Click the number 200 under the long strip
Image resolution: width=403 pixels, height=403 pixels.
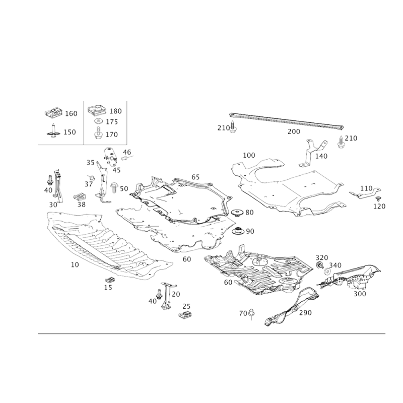(x=294, y=132)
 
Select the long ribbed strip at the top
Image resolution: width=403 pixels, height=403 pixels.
(x=287, y=120)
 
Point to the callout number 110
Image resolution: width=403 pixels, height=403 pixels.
(x=366, y=188)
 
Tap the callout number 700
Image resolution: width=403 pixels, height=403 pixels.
(x=306, y=313)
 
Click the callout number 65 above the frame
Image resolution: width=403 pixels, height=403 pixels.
(x=195, y=177)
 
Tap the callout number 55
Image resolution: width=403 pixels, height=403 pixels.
(x=81, y=205)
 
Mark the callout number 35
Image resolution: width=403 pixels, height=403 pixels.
(x=90, y=162)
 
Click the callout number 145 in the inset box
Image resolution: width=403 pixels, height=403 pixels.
(x=113, y=122)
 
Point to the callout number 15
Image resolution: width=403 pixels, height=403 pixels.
(x=107, y=288)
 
